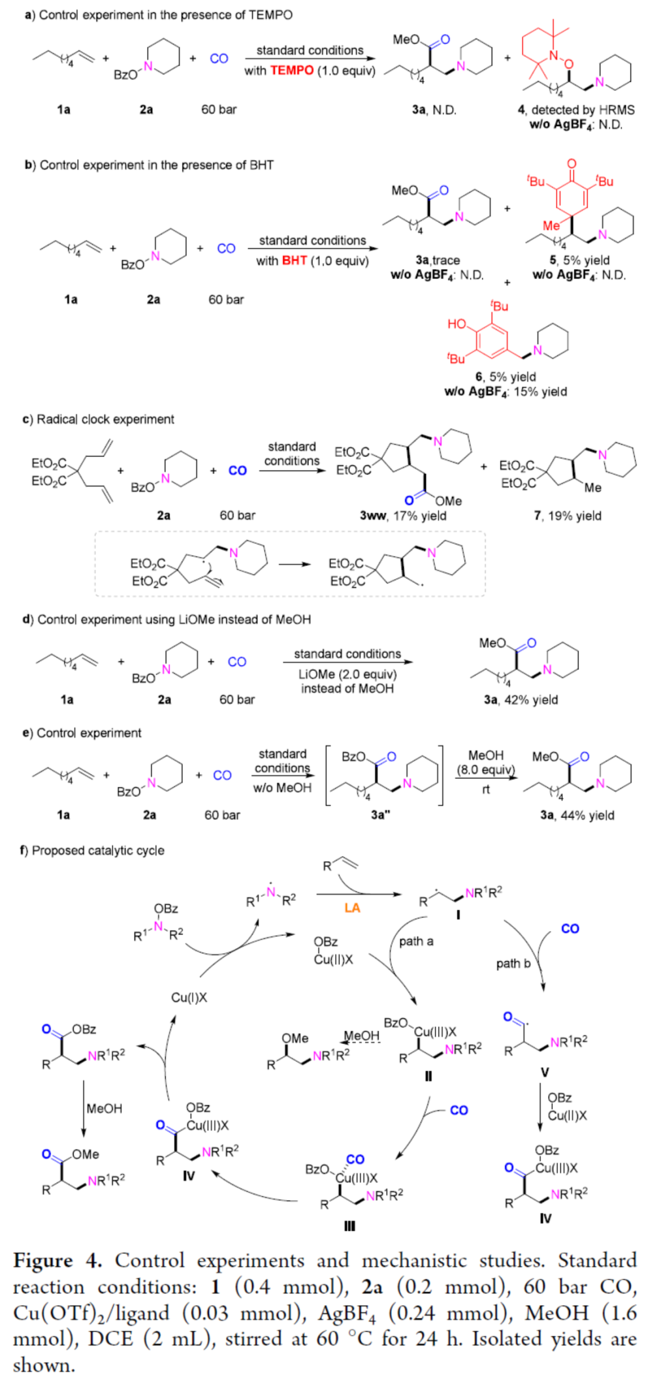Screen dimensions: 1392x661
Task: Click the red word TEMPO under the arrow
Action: tap(292, 71)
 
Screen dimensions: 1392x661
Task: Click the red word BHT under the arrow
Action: tap(294, 261)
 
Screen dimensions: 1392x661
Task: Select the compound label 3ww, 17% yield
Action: tap(403, 515)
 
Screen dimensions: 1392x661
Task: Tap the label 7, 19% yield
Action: tap(568, 515)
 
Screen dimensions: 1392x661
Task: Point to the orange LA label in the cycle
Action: tap(352, 908)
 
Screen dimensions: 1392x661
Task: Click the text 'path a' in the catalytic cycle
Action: tap(416, 941)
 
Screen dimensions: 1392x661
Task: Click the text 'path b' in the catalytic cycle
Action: tap(513, 963)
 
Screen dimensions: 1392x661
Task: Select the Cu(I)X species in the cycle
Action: tap(189, 997)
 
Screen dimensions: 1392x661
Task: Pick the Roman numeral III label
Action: tap(349, 1226)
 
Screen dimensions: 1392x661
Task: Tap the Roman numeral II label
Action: tap(428, 1075)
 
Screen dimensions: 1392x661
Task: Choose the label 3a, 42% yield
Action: tap(521, 699)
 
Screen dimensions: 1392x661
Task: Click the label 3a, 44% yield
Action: tap(577, 815)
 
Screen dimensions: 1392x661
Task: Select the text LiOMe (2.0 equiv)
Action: tap(347, 674)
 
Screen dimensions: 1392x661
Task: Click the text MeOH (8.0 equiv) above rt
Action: tap(486, 762)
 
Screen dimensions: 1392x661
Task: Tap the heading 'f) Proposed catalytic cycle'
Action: tap(92, 850)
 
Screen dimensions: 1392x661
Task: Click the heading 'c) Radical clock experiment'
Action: tap(99, 419)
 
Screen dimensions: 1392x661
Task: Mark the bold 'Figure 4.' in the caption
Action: tap(57, 1260)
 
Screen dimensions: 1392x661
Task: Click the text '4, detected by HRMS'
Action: tap(576, 110)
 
